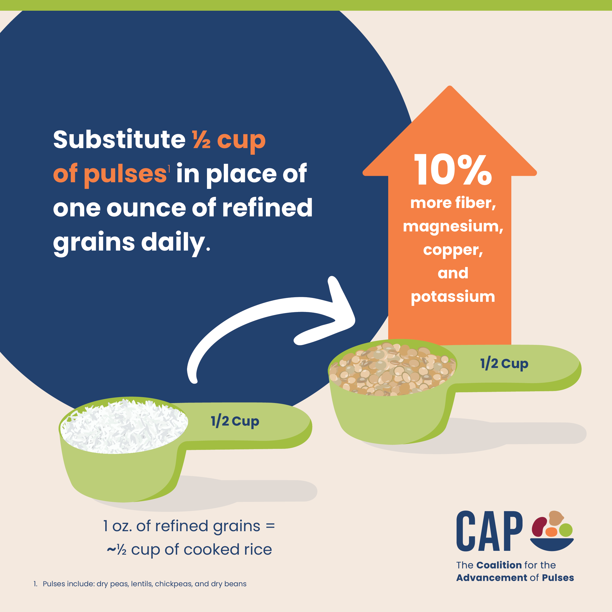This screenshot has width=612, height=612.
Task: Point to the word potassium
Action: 453,297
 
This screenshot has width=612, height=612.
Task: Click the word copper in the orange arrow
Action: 453,250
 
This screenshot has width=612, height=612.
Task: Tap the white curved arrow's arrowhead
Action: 339,314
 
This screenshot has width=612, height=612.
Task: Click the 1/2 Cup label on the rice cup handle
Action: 235,422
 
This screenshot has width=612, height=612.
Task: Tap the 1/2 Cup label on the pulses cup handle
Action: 504,364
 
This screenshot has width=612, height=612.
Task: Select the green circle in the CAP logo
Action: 565,530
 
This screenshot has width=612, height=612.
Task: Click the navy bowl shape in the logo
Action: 552,544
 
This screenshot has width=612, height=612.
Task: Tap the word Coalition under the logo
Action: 499,565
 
